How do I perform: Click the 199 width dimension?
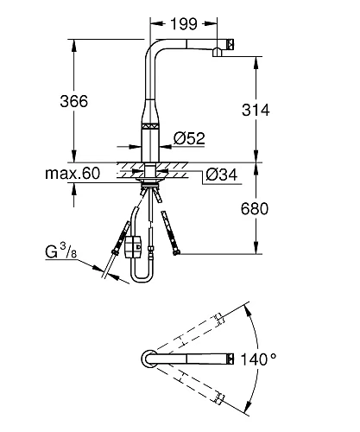184,23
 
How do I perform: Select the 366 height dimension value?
74,101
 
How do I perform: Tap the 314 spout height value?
256,110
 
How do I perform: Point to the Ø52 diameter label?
189,138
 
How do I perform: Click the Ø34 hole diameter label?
222,175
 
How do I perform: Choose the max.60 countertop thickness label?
73,174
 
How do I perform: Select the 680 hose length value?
255,209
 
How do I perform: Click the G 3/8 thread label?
61,251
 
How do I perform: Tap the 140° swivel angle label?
258,359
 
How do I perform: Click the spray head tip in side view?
231,45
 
